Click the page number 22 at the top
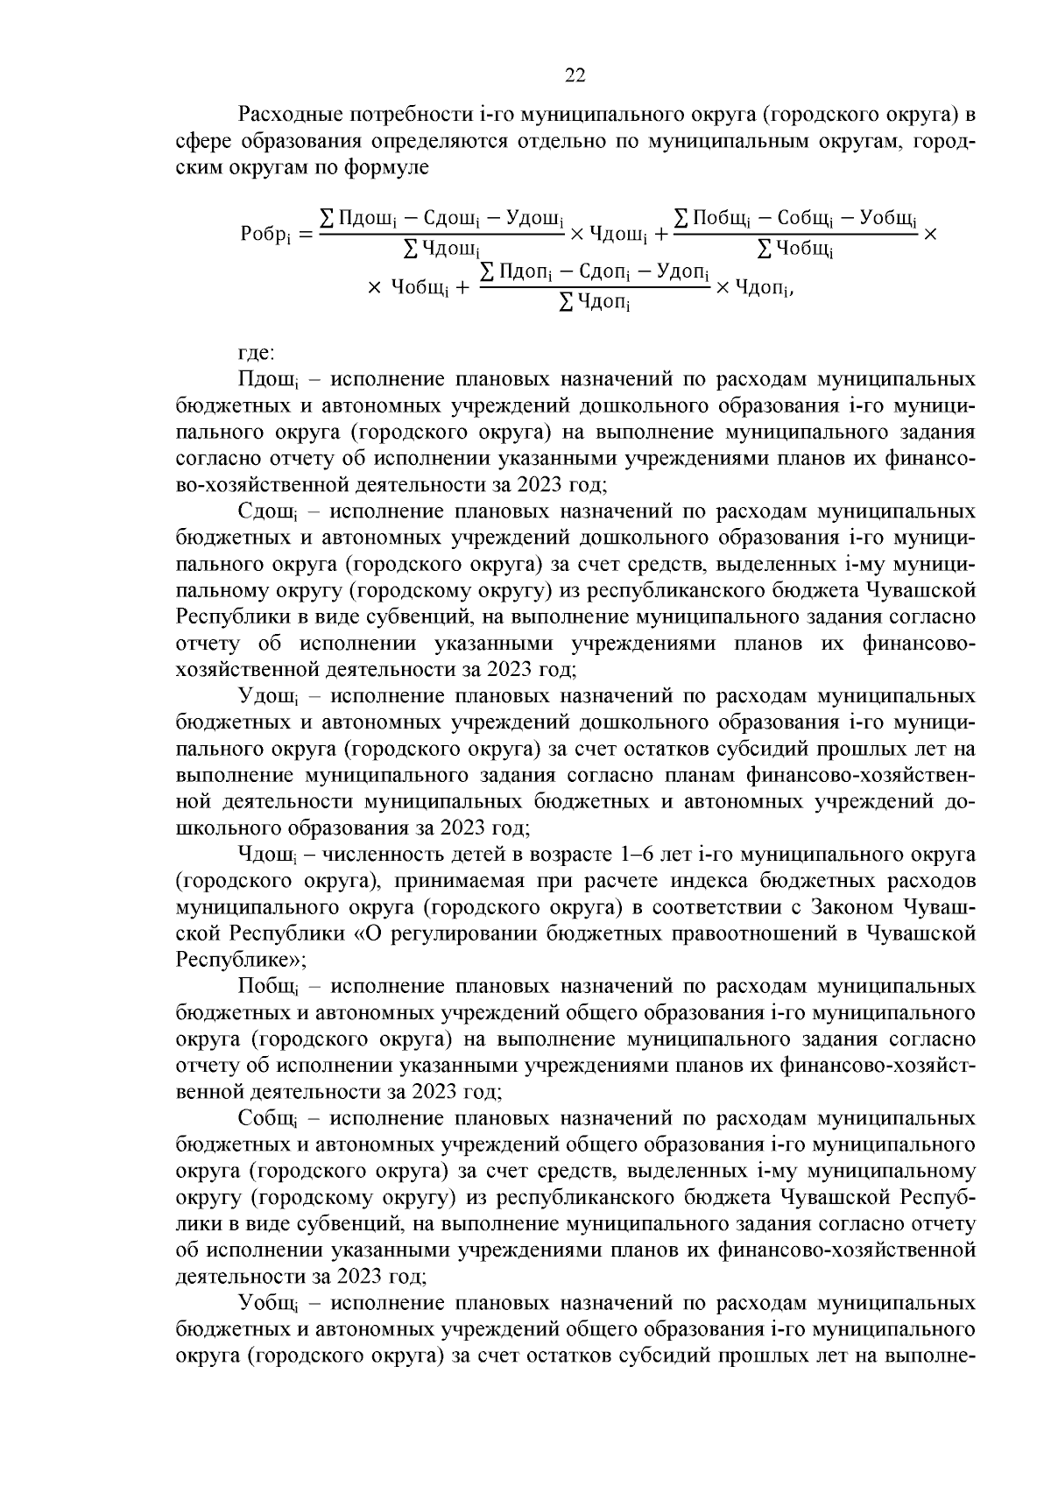click(x=575, y=76)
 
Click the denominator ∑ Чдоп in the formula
click(x=595, y=304)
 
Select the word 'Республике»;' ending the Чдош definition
click(x=241, y=960)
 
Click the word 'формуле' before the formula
click(x=393, y=167)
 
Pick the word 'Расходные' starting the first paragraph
click(x=288, y=115)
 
